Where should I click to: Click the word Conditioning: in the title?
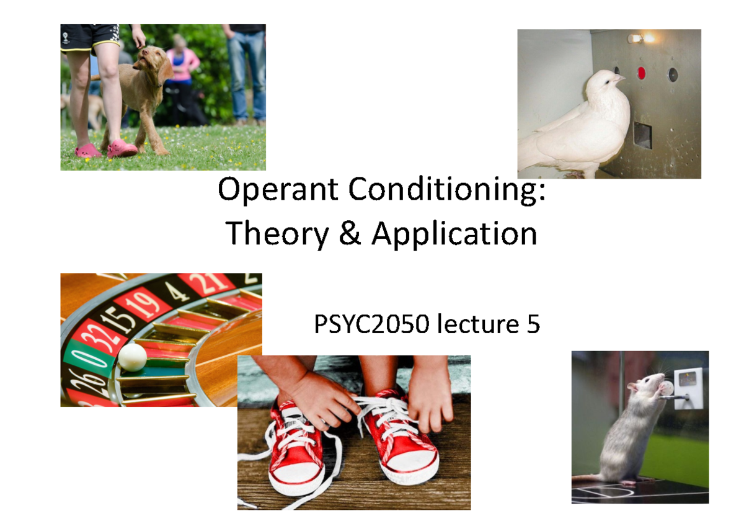pyautogui.click(x=448, y=190)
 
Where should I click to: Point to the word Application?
pyautogui.click(x=454, y=234)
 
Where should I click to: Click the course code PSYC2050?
pyautogui.click(x=371, y=324)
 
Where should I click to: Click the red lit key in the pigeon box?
pyautogui.click(x=642, y=73)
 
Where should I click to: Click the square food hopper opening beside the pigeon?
pyautogui.click(x=643, y=135)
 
